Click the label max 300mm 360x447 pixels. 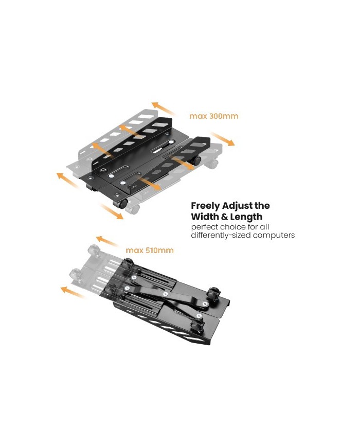point(214,116)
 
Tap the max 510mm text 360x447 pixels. point(150,251)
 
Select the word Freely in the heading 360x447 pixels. point(206,206)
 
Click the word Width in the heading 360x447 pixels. point(205,217)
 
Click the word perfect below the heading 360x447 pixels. point(204,227)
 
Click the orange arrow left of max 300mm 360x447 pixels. point(164,109)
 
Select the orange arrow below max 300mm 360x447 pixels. point(223,138)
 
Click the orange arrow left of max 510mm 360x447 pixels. point(107,241)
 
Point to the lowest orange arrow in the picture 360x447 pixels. point(73,292)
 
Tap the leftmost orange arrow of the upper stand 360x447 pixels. point(67,180)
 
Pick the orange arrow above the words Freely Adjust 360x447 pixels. point(112,211)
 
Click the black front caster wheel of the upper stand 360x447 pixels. point(120,204)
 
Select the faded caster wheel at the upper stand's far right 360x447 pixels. point(212,164)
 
